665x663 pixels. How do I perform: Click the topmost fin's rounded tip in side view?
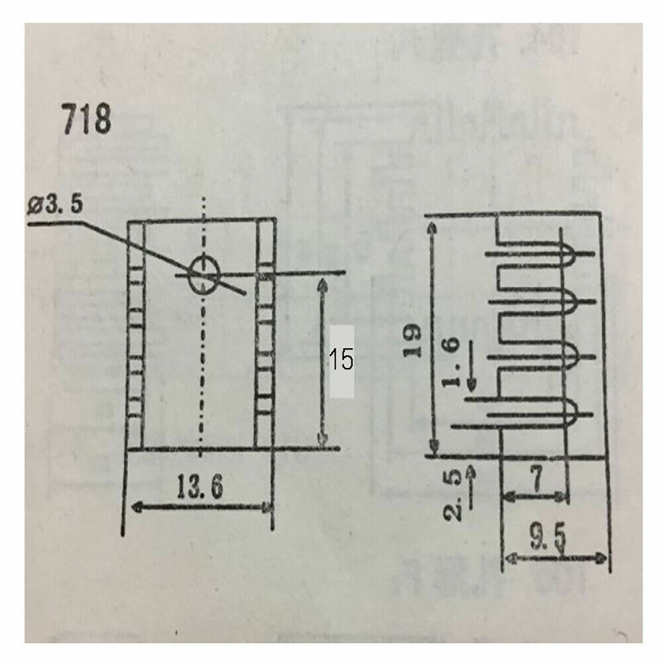coord(572,253)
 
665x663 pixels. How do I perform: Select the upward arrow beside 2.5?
coord(472,472)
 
